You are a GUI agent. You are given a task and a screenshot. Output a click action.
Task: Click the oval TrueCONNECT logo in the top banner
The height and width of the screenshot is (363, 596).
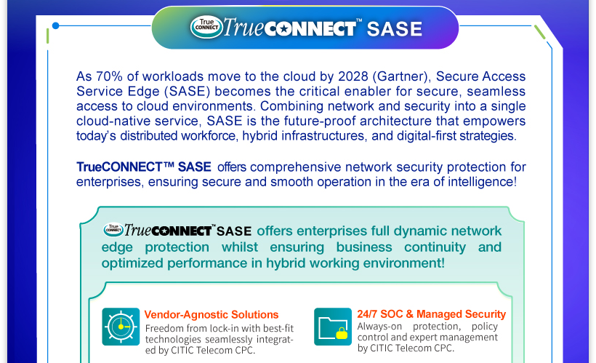[x=206, y=27]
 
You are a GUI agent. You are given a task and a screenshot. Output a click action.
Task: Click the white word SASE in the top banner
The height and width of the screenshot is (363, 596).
[x=395, y=29]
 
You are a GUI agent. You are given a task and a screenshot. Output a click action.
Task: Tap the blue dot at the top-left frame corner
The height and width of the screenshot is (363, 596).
[x=55, y=26]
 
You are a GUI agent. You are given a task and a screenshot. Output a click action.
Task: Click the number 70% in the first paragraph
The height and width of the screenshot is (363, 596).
[x=110, y=76]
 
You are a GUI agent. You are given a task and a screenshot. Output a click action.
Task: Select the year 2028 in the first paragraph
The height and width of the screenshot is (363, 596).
[x=353, y=76]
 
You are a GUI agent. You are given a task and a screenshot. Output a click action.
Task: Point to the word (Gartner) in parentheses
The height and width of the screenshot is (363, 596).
[x=402, y=76]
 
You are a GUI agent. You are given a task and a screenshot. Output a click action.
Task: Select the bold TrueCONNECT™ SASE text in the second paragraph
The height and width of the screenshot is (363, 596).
[x=144, y=167]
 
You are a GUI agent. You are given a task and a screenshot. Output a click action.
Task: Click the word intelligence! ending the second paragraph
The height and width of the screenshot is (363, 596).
[x=483, y=182]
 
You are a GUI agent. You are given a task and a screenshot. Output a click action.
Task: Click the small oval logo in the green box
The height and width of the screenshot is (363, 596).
[x=113, y=229]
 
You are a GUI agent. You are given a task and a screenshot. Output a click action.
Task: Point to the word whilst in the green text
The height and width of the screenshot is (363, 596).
[x=240, y=247]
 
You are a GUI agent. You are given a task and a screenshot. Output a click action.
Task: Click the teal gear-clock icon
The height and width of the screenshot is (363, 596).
[x=121, y=327]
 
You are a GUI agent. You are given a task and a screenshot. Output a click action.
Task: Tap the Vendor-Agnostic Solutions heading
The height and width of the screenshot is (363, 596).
[x=212, y=315]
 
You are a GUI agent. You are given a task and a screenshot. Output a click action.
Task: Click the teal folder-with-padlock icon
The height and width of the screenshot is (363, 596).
[x=333, y=327]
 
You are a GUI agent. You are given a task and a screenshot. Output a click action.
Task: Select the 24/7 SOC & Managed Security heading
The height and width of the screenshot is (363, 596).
[x=432, y=314]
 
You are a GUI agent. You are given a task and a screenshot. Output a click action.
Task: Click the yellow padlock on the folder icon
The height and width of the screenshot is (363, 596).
[x=342, y=333]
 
